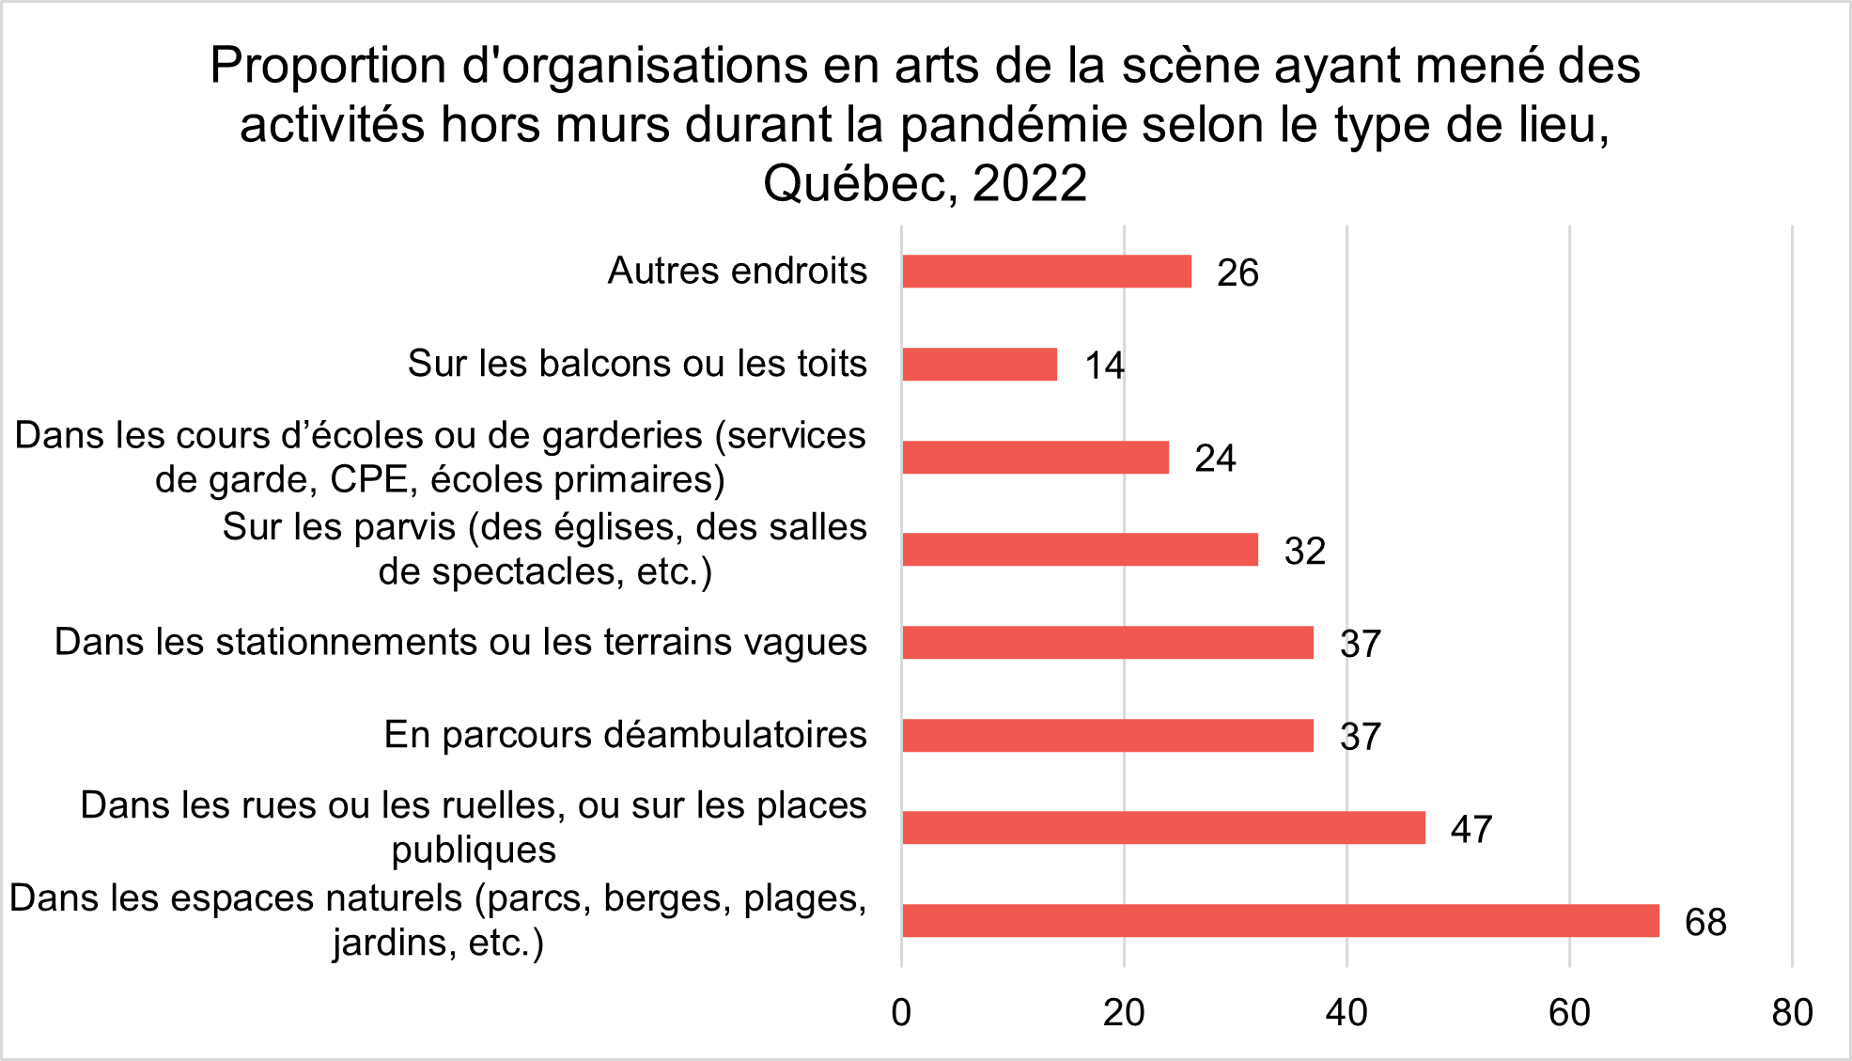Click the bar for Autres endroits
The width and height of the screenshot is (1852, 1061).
1046,272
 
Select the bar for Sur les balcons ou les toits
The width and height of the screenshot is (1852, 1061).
979,365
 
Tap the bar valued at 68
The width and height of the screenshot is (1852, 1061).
1280,921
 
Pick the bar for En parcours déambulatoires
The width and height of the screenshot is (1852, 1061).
1107,736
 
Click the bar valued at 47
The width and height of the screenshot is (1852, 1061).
1163,828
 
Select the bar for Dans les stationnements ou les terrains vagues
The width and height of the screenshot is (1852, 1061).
1107,643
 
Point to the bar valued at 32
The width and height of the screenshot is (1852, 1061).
1080,550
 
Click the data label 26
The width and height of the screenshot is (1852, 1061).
1237,273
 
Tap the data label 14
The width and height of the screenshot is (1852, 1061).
1104,366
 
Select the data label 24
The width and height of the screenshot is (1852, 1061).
1215,459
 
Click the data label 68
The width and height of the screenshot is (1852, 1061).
1704,923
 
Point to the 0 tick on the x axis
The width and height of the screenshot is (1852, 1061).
901,1013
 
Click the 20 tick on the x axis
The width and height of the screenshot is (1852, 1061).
1124,1013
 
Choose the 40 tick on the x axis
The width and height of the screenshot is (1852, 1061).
1346,1013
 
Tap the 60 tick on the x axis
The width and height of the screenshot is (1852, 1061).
1569,1013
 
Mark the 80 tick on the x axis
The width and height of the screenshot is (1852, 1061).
1792,1013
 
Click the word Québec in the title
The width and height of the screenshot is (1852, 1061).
859,183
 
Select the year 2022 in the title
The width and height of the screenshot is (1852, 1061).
1030,183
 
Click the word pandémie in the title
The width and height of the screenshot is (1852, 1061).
1012,125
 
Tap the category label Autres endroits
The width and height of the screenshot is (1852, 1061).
737,271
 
